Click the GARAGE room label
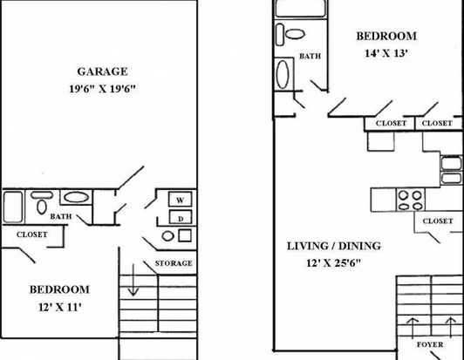tap(102, 71)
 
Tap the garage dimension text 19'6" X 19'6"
tap(102, 89)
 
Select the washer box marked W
tap(181, 199)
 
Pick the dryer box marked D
tap(181, 217)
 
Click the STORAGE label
tap(174, 263)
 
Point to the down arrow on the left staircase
tap(133, 280)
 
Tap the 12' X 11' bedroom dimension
tap(60, 308)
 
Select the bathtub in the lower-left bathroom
tap(13, 207)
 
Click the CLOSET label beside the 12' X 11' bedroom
tap(32, 234)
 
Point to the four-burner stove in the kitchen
tap(410, 200)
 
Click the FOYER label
tap(430, 344)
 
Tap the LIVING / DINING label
tap(334, 246)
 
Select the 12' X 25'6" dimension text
tap(333, 263)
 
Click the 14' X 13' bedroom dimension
tap(386, 53)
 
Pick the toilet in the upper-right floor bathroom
tap(291, 34)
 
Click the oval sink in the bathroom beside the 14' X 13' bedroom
tap(283, 75)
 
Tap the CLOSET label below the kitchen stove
tap(438, 221)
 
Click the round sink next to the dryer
tap(167, 236)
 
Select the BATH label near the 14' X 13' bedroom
tap(310, 56)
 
